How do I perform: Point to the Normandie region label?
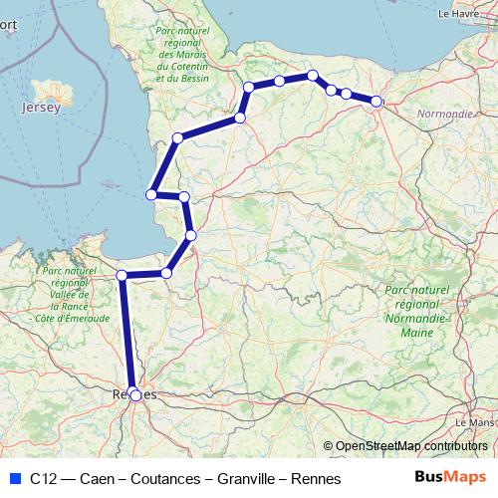pos(446,115)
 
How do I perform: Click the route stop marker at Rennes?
pos(135,394)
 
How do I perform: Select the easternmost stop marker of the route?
pos(376,101)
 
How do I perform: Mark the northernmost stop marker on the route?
pos(313,75)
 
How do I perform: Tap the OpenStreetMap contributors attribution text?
pos(410,446)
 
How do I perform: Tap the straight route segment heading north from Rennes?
pos(127,334)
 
